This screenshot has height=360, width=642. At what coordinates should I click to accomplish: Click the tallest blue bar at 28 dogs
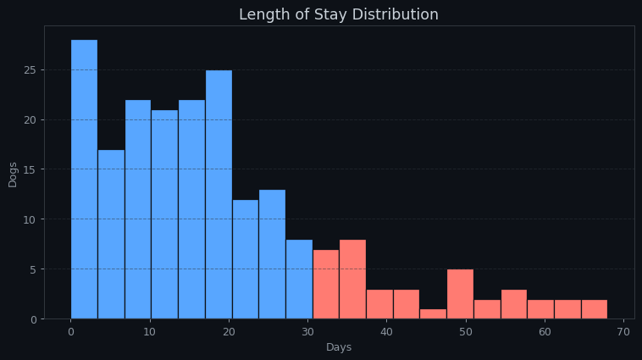84,180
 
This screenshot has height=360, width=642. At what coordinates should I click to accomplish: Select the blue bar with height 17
111,235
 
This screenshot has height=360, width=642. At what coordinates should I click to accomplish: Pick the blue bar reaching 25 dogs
219,195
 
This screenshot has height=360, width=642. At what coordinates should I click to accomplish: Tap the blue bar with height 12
246,259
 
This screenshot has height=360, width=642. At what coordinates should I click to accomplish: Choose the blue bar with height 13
272,254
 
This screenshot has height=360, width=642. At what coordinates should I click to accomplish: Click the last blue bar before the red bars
299,280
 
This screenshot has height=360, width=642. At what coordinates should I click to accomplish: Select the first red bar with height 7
326,285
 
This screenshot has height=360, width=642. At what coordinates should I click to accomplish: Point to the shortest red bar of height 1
433,314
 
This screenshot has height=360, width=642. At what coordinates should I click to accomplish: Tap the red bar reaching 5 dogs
460,294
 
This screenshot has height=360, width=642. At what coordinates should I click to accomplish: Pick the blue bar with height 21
164,214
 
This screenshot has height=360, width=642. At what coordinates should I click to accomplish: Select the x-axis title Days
339,347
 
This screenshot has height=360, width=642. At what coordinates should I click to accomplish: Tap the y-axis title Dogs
13,174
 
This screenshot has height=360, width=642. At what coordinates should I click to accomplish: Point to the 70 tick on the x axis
623,332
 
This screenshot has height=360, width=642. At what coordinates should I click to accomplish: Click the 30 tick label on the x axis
307,332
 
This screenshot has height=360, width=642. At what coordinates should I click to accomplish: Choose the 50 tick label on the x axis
466,332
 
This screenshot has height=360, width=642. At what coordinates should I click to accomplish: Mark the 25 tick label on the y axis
30,69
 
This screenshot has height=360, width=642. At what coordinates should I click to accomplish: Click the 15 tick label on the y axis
30,169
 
